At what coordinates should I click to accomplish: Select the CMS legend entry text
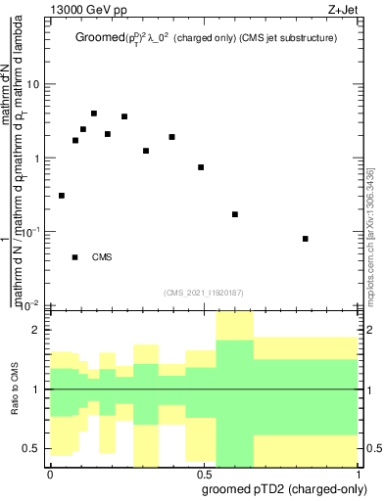[101, 257]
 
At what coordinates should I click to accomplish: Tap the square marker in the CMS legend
[75, 257]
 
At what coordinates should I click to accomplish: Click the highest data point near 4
[94, 114]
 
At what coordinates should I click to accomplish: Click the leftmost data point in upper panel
[62, 196]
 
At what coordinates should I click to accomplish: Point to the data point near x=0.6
[235, 214]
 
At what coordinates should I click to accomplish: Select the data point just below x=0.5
[201, 167]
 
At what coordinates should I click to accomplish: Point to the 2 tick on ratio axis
[36, 331]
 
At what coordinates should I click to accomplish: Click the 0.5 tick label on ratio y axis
[31, 449]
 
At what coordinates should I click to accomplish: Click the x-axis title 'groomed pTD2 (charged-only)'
[284, 489]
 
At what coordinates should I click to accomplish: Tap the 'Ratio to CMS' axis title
[14, 389]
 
